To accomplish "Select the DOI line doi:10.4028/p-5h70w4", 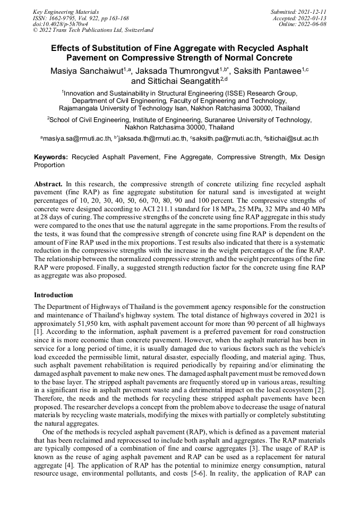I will click(61, 24).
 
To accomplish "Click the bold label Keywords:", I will click(51, 157).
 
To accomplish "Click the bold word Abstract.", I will click(48, 183).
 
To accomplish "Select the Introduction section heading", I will click(54, 295).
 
